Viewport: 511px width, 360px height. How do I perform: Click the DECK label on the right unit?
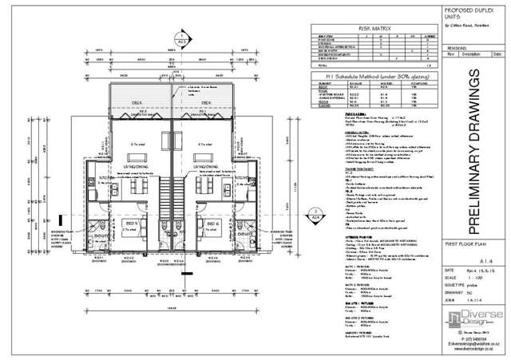tap(205, 102)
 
